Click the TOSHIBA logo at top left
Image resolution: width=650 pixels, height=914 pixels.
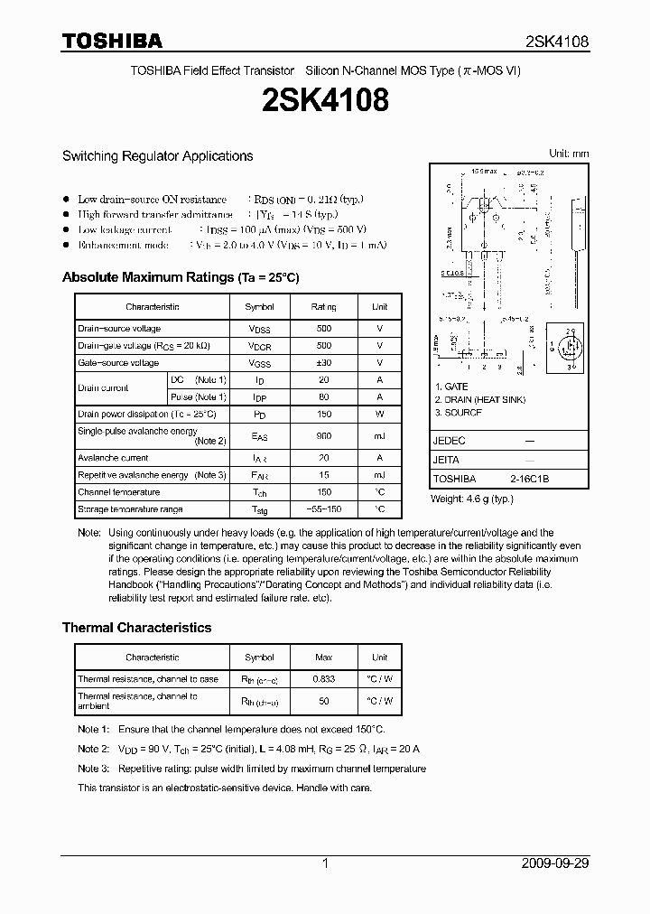point(112,41)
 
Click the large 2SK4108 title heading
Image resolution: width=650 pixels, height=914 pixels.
point(324,100)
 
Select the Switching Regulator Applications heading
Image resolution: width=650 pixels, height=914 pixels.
point(157,156)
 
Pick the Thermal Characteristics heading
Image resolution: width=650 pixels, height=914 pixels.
point(136,627)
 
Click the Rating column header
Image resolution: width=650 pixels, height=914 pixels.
point(324,307)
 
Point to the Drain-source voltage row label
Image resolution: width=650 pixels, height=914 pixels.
point(119,329)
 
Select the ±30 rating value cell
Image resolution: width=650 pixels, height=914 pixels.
point(324,363)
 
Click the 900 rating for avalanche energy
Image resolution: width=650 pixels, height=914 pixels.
point(324,436)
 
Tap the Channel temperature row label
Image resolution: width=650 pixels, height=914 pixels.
point(118,492)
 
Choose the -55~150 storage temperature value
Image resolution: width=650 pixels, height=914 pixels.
point(324,509)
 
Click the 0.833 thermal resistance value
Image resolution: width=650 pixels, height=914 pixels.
point(324,679)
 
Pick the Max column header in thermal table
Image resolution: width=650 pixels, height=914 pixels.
point(324,658)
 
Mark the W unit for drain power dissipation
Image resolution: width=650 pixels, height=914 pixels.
point(380,414)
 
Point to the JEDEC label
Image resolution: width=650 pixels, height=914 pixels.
point(449,441)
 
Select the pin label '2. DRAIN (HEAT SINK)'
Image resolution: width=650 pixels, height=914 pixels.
point(479,399)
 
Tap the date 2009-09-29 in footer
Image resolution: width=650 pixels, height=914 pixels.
point(555,863)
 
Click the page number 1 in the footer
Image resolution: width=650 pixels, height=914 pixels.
point(324,863)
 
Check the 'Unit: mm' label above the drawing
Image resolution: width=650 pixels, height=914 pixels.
point(569,154)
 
